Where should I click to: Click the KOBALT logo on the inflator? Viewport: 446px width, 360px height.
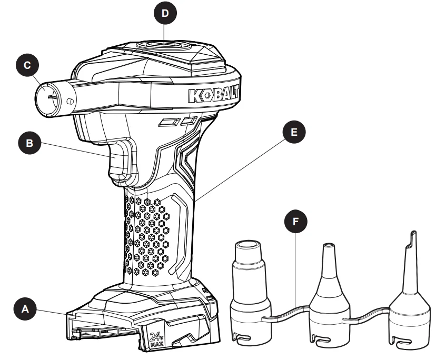pos(213,96)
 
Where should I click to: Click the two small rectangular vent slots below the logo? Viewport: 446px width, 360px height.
pos(179,122)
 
